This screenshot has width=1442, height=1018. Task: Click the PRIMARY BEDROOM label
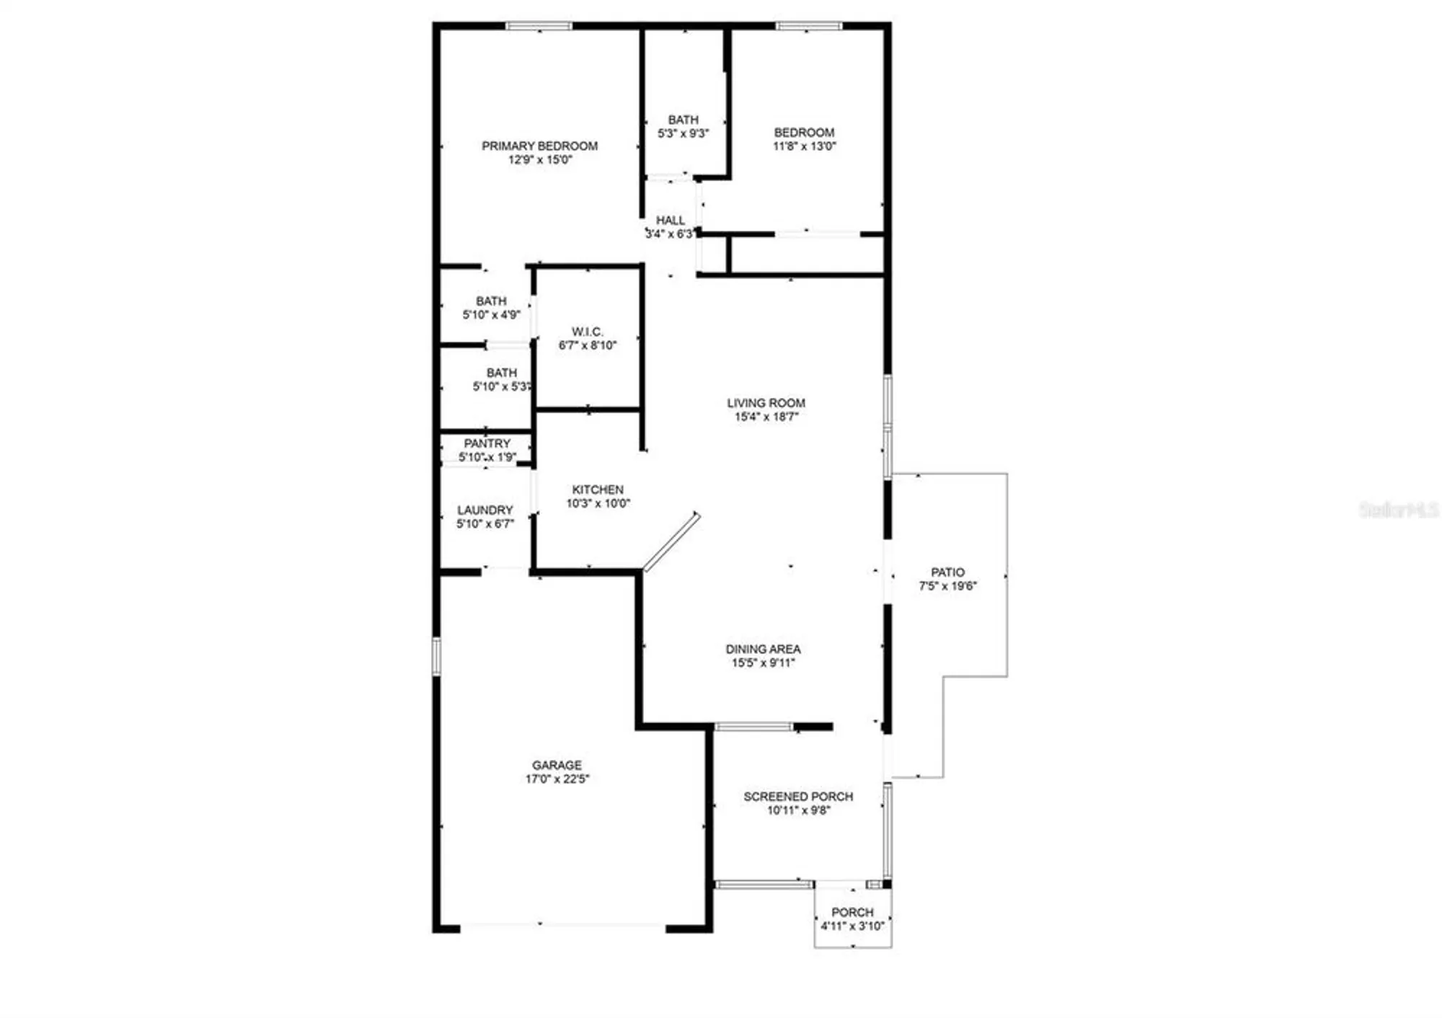point(539,146)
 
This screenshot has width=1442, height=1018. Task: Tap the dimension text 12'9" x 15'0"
point(539,160)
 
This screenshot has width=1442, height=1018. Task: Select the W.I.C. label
point(587,332)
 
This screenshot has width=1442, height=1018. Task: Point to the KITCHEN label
point(598,490)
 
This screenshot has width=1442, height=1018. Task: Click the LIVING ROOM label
point(766,403)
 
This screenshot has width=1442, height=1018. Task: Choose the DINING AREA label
point(763,649)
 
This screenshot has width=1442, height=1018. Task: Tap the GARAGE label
point(557,765)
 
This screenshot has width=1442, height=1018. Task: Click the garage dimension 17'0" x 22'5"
point(557,779)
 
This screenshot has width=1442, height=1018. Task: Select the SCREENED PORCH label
point(798,797)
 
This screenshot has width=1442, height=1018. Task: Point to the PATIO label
point(947,572)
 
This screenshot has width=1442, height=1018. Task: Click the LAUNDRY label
point(485,510)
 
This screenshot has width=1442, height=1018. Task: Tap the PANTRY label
point(487,443)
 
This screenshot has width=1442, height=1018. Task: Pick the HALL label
point(670,221)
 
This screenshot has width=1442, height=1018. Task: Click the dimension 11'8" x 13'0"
point(804,146)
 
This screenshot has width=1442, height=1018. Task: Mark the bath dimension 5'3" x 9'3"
point(683,133)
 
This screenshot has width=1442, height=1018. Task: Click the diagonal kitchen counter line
point(671,541)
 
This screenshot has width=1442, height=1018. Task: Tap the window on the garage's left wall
point(436,656)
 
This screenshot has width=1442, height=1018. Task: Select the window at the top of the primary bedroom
point(539,27)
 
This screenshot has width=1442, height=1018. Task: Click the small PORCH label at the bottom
point(852,912)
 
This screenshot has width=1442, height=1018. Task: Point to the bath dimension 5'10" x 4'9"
point(491,315)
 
